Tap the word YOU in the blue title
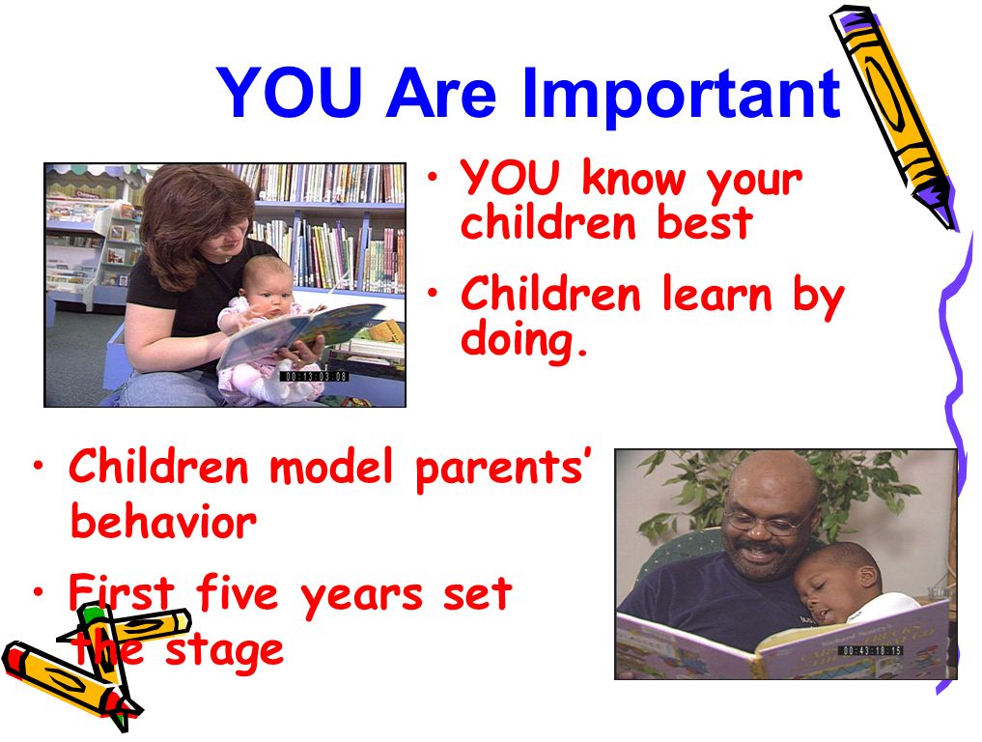tap(289, 93)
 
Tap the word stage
tap(223, 652)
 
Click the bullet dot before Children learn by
tap(433, 292)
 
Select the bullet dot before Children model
tap(40, 467)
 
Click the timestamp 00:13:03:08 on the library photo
tap(313, 376)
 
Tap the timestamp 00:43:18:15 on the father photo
tap(871, 650)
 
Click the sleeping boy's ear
tap(867, 575)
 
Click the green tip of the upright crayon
tap(92, 613)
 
